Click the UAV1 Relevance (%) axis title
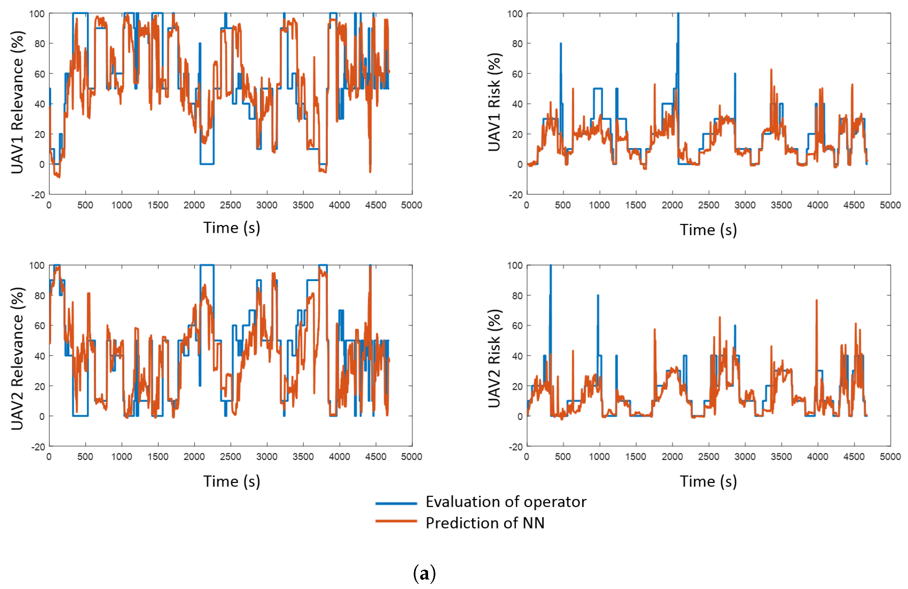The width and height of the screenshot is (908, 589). [18, 102]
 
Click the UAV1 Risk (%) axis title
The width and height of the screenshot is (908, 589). [495, 102]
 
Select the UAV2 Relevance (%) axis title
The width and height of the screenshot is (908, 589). [18, 358]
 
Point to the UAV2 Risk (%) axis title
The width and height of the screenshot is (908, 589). [495, 358]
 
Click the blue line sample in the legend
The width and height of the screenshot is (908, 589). [396, 503]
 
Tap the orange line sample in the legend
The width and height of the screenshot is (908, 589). [396, 521]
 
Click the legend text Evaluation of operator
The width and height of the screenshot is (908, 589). [506, 502]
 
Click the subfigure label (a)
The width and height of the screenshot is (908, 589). [424, 573]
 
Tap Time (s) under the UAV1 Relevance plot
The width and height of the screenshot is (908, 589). [232, 228]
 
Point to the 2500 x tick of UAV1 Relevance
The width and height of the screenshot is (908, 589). [230, 205]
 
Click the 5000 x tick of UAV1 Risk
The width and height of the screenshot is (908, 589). [890, 205]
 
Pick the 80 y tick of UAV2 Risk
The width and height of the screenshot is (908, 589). [517, 296]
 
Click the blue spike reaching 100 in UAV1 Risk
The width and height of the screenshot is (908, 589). [678, 88]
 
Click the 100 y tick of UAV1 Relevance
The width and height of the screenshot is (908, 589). [37, 14]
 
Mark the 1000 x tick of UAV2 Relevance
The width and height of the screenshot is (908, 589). [122, 457]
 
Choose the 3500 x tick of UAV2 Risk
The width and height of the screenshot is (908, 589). [781, 457]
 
